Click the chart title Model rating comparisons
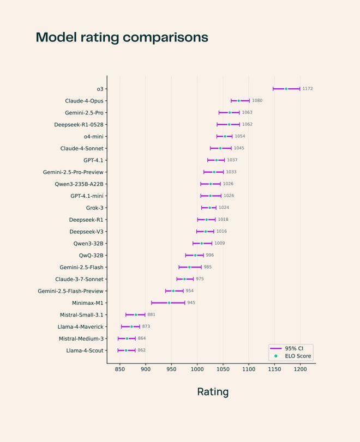122,37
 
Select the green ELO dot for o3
286,89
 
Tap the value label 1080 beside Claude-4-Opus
257,101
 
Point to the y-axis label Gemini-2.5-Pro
84,113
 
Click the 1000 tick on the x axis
197,370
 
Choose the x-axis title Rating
213,392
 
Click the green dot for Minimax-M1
169,303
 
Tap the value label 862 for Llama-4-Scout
141,350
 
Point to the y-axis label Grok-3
94,208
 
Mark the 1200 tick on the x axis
300,370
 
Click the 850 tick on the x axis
120,370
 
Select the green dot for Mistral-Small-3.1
136,315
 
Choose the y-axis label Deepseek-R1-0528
79,125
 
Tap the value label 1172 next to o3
308,89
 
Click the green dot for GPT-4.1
216,160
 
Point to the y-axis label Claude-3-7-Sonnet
79,279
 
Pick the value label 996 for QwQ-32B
209,255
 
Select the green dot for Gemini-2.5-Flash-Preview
173,291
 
